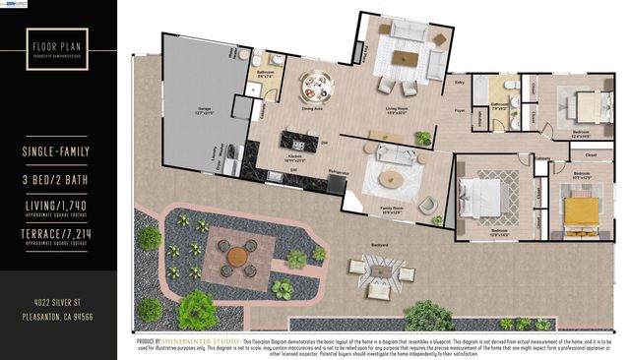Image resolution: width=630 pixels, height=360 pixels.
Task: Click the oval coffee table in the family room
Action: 392,179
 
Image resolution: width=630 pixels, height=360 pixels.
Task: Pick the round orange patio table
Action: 237,256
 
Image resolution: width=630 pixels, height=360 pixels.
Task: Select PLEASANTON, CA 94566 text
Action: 57,317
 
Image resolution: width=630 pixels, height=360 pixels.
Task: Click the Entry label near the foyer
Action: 460,84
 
